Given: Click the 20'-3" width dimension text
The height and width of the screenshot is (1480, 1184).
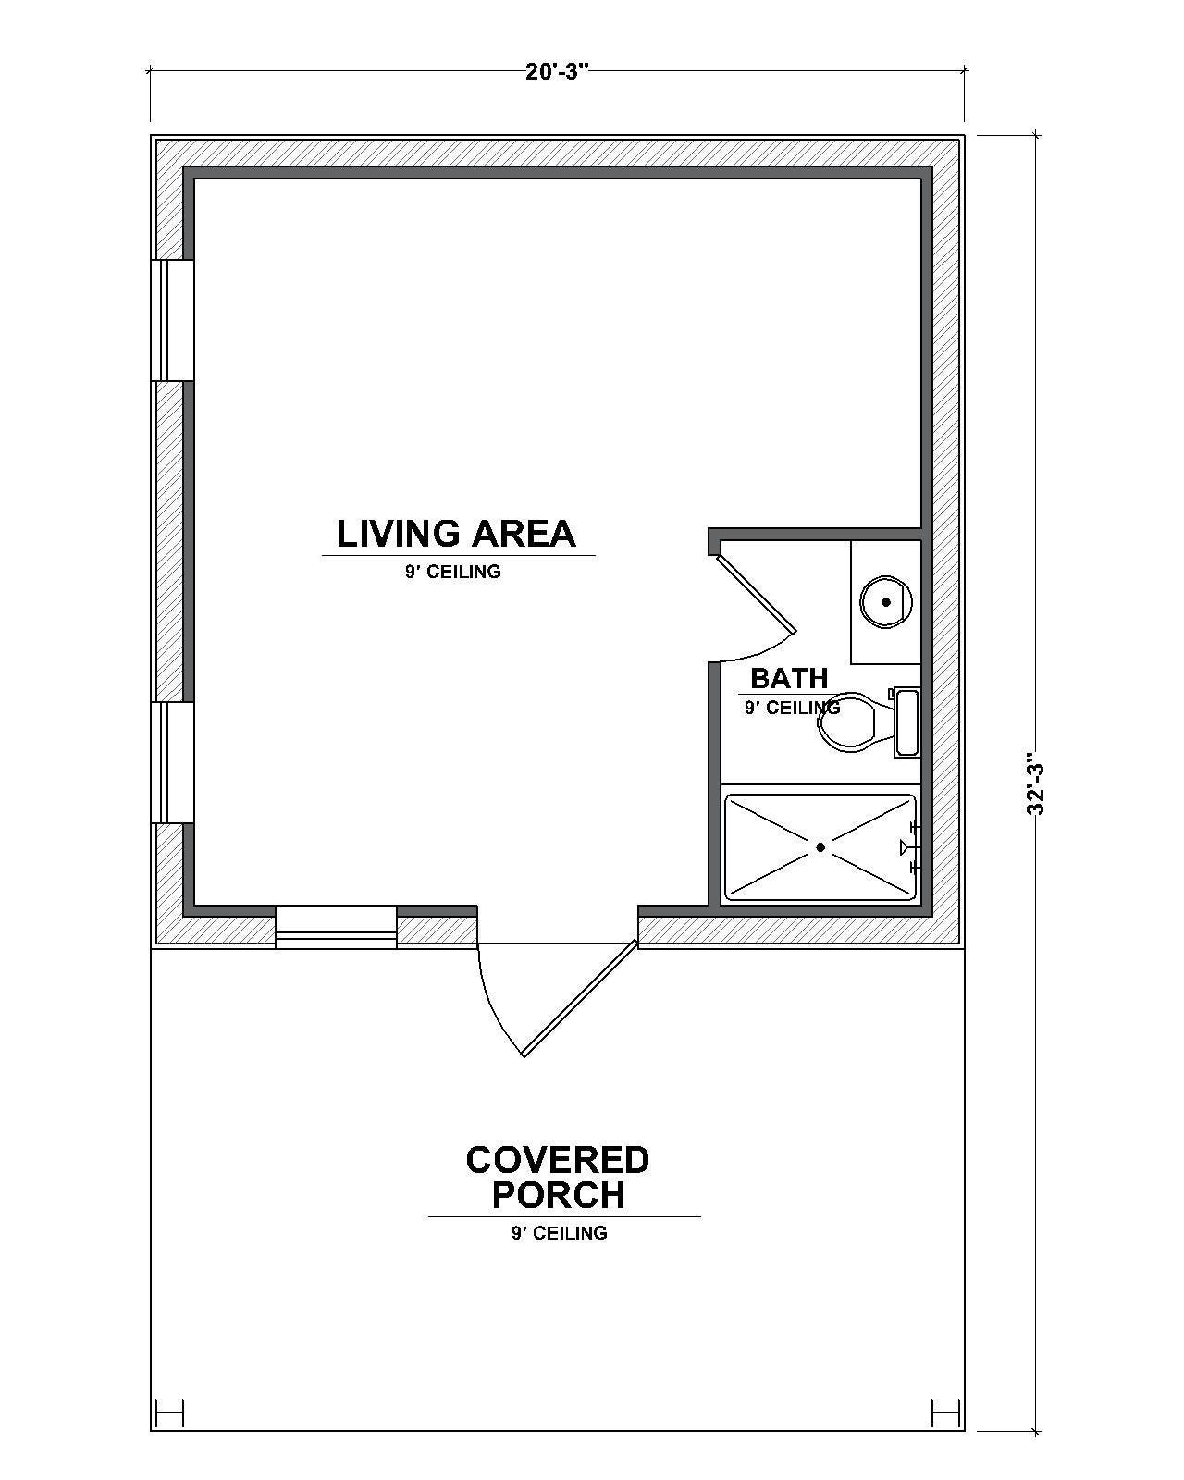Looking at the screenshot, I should coord(557,72).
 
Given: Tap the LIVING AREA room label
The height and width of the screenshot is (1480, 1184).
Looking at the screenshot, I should coord(456,534).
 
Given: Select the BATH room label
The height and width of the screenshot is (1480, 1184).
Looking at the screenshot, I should coord(788,678).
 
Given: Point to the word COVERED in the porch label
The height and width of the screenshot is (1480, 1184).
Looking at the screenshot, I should coord(557,1159).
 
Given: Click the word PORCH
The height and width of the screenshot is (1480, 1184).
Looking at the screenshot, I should coord(557,1195).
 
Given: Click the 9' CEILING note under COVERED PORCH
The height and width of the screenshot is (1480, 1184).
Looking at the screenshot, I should coord(559,1233).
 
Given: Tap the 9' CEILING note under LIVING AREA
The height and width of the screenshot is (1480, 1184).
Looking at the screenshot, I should coord(452,572).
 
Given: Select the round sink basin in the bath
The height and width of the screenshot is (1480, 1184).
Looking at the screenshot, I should coord(885,602).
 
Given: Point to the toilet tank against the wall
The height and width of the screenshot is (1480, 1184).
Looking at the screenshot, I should coord(906,721).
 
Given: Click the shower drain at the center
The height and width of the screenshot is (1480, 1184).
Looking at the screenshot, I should coord(820,846).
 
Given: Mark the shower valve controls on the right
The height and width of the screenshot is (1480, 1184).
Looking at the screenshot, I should coord(910,846).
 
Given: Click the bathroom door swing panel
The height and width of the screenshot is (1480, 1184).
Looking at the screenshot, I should coord(757,595).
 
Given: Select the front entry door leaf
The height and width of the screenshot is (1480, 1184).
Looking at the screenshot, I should coord(580,999).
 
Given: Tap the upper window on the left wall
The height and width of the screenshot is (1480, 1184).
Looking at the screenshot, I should coord(172,320).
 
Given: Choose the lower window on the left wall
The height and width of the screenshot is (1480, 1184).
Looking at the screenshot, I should coord(172,762).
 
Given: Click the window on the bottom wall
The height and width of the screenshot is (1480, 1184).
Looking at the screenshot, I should coord(336,928).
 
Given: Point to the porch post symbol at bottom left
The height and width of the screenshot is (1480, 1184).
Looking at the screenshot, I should coord(170,1412).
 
